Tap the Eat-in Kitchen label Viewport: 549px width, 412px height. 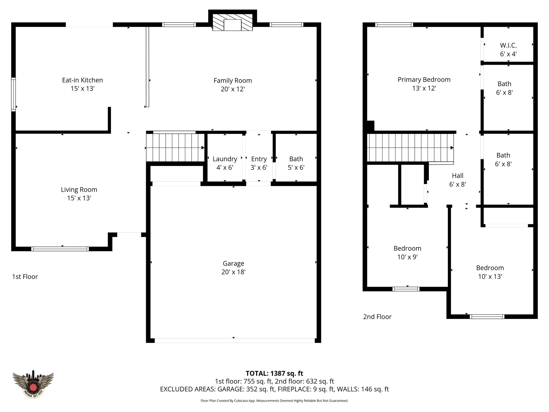(x=82, y=80)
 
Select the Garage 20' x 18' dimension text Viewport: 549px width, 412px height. (x=233, y=272)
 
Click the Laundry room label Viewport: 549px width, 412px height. (x=225, y=159)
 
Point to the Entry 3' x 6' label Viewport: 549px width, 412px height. (x=259, y=163)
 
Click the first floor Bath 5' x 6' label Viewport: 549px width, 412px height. (x=296, y=163)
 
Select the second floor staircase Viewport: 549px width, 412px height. (x=410, y=148)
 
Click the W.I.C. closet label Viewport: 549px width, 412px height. (x=508, y=50)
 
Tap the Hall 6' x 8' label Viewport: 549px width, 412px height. (x=457, y=180)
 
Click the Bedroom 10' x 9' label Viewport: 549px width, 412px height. (x=407, y=252)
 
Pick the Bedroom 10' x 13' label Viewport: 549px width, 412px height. (x=490, y=272)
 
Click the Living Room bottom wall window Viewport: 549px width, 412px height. (x=60, y=249)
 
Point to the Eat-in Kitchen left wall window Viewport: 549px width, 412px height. (x=13, y=94)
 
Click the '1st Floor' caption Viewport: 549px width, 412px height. (x=25, y=277)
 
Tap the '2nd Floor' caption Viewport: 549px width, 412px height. (x=377, y=317)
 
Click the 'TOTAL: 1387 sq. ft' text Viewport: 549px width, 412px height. (x=274, y=373)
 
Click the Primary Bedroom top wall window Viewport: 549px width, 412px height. (x=394, y=25)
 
